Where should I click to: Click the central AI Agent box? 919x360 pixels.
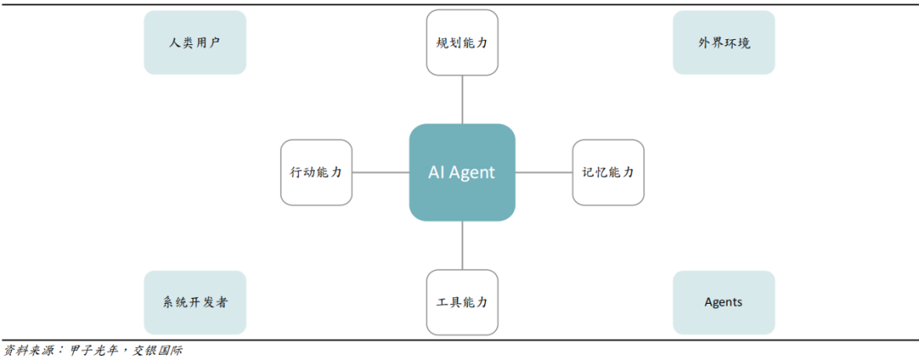pos(462,173)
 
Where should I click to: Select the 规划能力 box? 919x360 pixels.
pos(462,42)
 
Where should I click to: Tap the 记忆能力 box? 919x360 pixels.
pos(608,173)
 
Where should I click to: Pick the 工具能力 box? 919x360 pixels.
pos(462,302)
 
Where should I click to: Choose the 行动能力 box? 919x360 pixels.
pos(316,173)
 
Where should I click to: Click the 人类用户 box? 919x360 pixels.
pos(195,43)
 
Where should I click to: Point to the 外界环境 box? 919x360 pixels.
pos(724,43)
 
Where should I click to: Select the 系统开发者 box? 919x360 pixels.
pos(195,302)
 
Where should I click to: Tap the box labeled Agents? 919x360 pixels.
pos(724,302)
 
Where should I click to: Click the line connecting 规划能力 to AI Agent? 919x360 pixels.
pos(462,99)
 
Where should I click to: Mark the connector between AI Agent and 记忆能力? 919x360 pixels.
pos(544,173)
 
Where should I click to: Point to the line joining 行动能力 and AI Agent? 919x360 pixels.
pos(380,173)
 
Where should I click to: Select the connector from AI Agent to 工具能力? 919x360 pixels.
pos(462,246)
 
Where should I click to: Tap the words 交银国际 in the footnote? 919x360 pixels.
pos(157,351)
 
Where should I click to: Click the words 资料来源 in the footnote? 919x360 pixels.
pos(26,351)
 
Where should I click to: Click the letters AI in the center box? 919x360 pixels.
pos(436,173)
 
